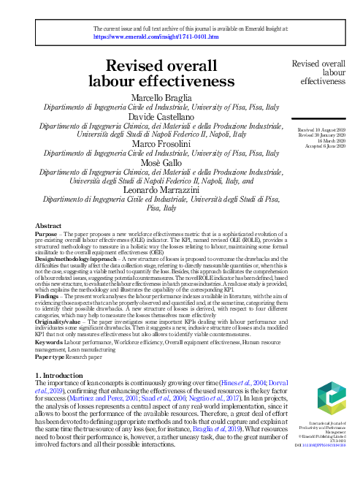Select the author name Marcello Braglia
161,98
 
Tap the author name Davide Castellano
161,117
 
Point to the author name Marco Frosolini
161,145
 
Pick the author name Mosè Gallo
161,164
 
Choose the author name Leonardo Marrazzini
161,191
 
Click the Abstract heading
48,227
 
